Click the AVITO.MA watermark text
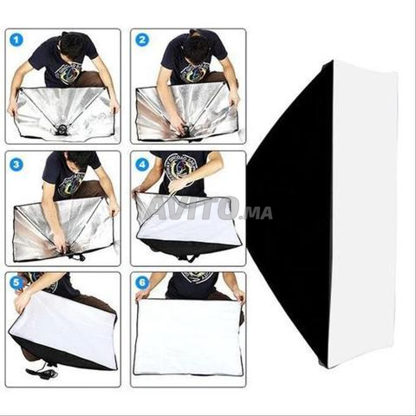208,209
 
